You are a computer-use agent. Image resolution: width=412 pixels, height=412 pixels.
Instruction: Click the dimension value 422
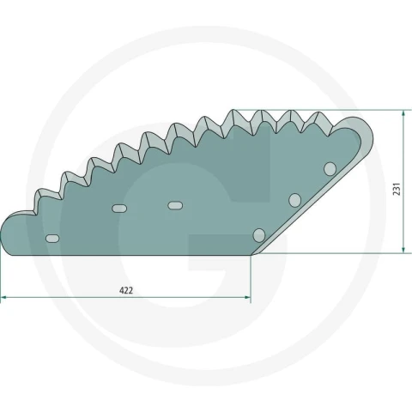point(126,291)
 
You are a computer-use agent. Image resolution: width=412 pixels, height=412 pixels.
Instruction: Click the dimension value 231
point(397,189)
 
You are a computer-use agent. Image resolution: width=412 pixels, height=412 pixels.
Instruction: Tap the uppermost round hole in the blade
point(330,168)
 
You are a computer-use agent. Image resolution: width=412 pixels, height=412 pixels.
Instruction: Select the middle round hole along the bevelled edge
point(295,200)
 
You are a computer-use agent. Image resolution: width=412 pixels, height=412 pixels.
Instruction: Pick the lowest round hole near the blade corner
point(259,235)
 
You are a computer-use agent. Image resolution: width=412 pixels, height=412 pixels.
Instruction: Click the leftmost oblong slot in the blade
point(52,239)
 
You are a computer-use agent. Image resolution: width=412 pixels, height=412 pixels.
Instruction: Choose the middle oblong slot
point(119,209)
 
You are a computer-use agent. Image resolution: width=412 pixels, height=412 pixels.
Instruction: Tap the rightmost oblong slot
point(175,205)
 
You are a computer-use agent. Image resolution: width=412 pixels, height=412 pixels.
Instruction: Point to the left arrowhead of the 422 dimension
point(3,298)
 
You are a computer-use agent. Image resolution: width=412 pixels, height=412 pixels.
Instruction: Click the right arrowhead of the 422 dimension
point(247,298)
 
